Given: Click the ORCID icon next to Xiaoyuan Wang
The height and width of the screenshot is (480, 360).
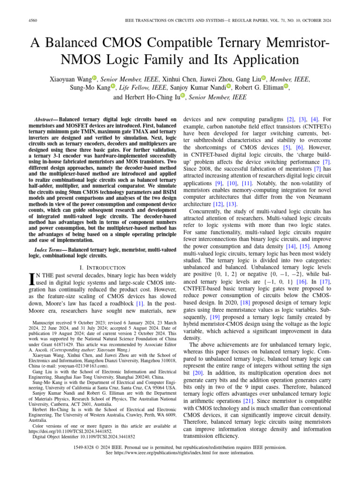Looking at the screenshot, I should [x=94, y=78].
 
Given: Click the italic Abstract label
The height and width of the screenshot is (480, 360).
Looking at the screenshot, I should [x=46, y=120].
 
